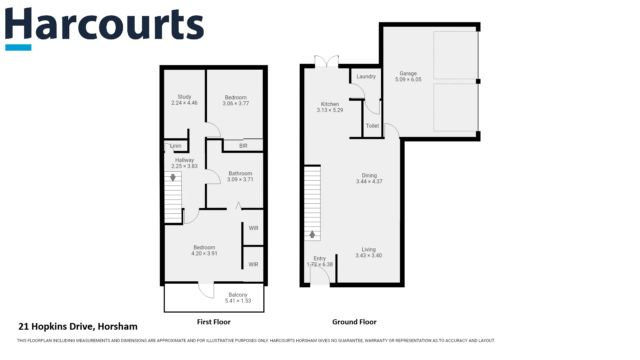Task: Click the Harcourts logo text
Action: [104, 24]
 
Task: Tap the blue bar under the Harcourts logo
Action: [18, 48]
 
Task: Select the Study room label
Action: [184, 97]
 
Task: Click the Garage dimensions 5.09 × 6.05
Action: [408, 80]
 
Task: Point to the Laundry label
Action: [366, 77]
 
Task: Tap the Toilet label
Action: [372, 126]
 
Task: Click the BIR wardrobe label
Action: [243, 146]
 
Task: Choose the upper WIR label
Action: [253, 228]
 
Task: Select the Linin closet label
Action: [176, 146]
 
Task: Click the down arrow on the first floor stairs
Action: [173, 178]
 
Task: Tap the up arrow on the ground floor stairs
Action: [312, 234]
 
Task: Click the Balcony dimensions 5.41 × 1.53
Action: [238, 301]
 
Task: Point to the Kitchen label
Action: [330, 104]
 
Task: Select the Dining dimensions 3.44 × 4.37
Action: [369, 182]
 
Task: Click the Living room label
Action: [369, 250]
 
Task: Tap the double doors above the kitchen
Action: [327, 62]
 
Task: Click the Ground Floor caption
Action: [354, 322]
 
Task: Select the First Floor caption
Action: [214, 322]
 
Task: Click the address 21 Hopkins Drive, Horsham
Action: [78, 326]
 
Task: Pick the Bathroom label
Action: [240, 174]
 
